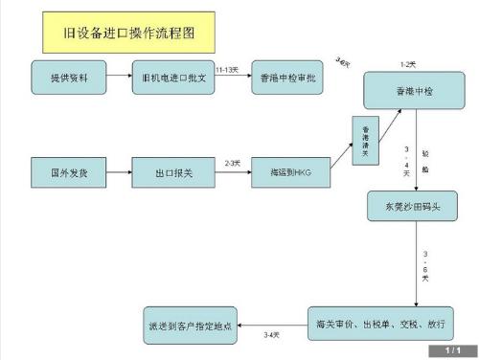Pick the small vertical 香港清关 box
coord(365,140)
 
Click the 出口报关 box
coord(172,175)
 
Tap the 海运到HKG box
coord(286,175)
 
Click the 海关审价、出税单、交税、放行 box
coord(378,321)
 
